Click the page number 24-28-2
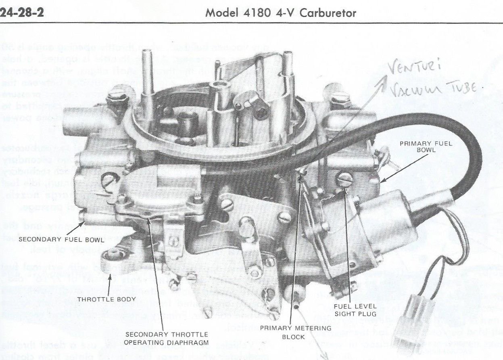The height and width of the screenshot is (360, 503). (x=22, y=13)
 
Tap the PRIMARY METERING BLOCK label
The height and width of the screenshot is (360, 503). (x=295, y=332)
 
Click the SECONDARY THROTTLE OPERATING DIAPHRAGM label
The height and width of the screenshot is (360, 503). (x=166, y=339)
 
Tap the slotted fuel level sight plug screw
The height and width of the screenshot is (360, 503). (x=345, y=179)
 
